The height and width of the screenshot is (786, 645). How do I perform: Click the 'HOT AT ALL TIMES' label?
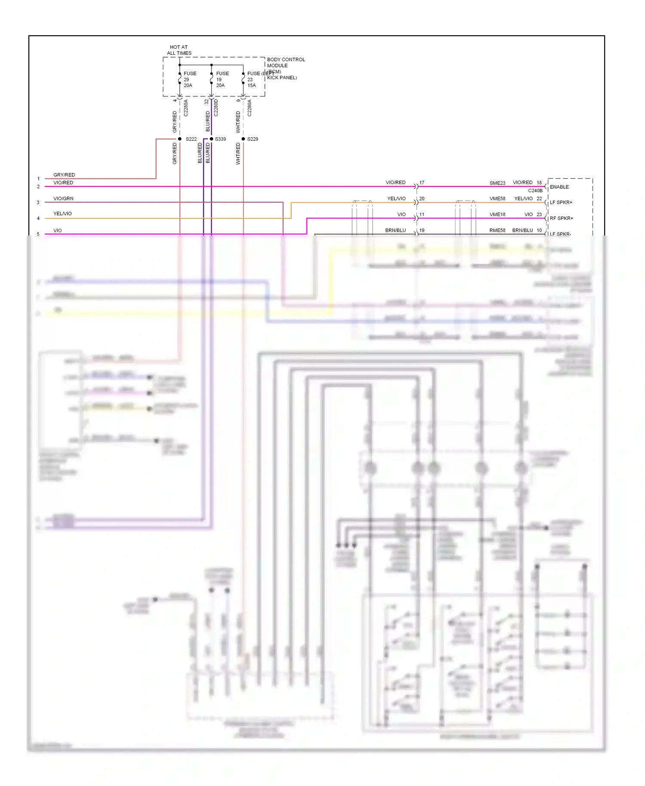tap(179, 50)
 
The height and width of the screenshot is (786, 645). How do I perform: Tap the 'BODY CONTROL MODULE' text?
tap(286, 62)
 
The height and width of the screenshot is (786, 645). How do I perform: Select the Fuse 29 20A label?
tap(189, 80)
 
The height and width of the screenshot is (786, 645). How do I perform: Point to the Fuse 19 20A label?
tap(222, 80)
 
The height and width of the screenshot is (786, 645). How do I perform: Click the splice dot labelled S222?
tap(180, 139)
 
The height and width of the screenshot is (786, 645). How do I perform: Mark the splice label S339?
tap(220, 139)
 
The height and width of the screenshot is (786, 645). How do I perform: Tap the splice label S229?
tap(252, 139)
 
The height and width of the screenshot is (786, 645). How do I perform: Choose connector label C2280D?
tap(216, 108)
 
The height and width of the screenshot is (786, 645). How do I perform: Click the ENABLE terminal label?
tap(559, 187)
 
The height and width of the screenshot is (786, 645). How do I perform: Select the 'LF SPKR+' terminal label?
tap(561, 203)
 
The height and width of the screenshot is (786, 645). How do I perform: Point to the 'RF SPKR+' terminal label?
tap(561, 218)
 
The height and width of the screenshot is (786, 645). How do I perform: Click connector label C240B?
tap(535, 190)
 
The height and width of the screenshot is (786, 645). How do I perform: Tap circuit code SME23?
tap(498, 183)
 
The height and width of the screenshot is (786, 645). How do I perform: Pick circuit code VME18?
tap(498, 215)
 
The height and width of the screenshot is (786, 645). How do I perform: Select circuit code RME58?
tap(498, 230)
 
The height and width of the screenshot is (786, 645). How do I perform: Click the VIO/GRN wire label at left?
tap(63, 199)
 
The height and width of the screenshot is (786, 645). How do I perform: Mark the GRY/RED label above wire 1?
tap(64, 175)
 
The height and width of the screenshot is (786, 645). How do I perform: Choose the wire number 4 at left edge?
tap(38, 218)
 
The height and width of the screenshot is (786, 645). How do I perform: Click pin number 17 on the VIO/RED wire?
tap(422, 183)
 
